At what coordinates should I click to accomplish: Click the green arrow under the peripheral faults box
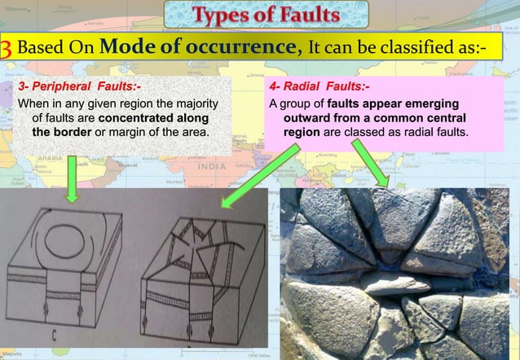(x=71, y=184)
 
